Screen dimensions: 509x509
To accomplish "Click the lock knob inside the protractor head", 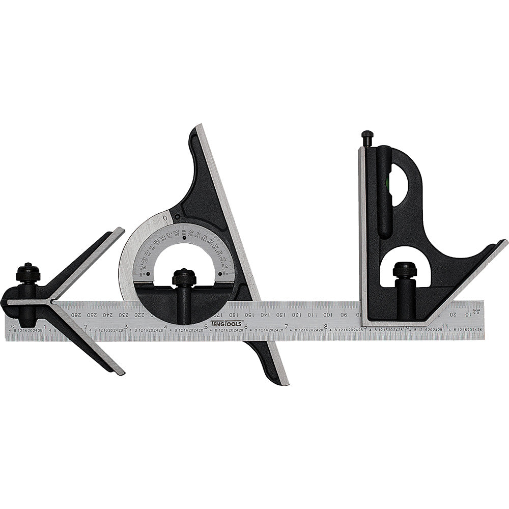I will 184,278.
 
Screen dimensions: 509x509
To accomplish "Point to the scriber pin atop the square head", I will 367,137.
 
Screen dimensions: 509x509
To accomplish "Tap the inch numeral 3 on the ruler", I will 126,326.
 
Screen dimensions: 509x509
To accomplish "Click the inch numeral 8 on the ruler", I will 326,326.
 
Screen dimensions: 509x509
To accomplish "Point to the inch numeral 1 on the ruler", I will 45,326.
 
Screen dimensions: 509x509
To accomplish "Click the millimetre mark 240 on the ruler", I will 107,315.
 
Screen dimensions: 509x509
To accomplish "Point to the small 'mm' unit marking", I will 477,310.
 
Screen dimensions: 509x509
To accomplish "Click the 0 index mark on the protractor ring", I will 165,218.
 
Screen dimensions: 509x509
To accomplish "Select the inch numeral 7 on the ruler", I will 286,326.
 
